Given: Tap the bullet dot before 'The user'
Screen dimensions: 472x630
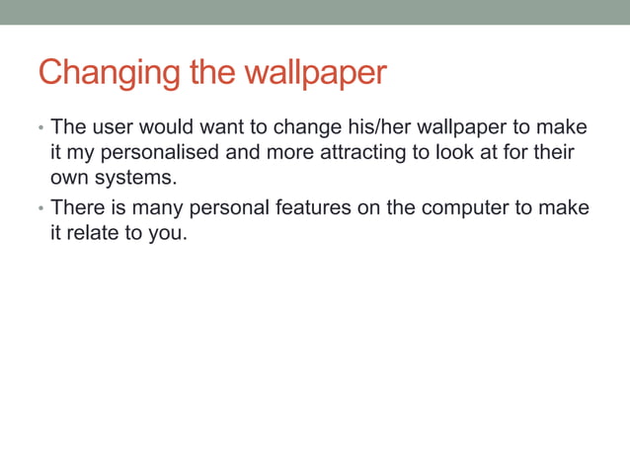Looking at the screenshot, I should coord(40,129).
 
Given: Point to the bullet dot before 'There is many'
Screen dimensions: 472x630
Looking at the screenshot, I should coord(40,209).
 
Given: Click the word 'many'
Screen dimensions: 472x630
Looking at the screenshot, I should coord(154,208).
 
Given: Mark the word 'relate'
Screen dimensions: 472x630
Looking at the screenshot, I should coord(94,234).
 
